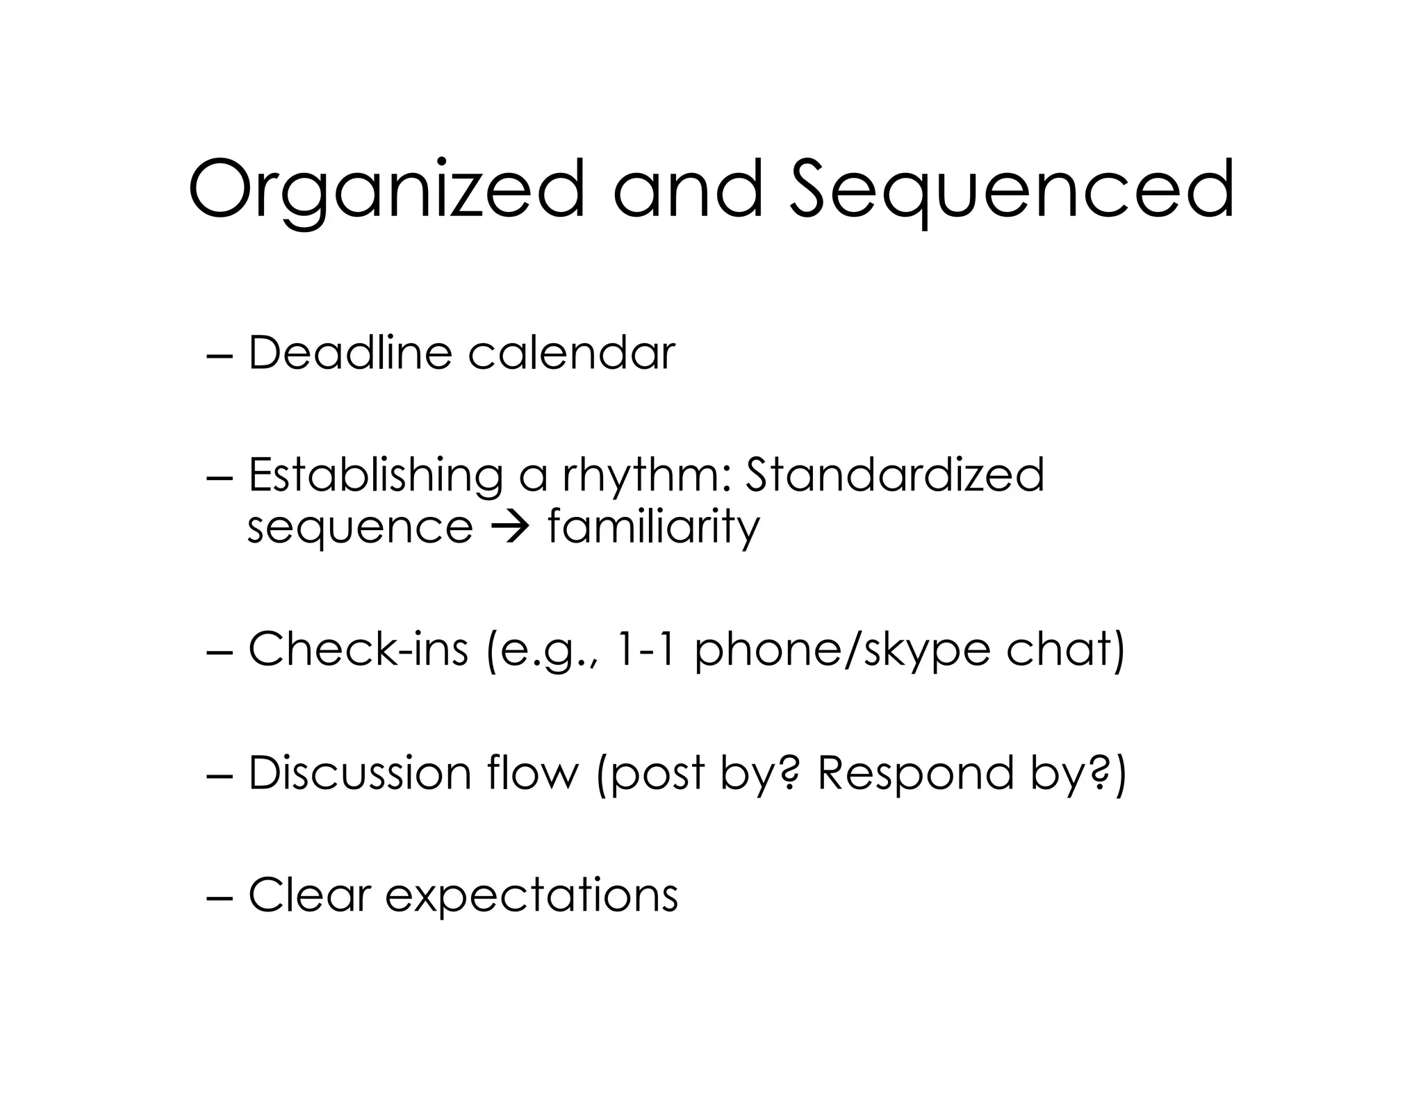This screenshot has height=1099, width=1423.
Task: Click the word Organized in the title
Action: point(386,191)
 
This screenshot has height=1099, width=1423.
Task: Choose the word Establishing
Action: point(375,477)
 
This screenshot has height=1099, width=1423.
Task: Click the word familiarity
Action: point(654,529)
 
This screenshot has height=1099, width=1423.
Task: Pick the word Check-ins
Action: point(358,650)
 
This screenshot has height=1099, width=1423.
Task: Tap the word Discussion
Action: point(360,772)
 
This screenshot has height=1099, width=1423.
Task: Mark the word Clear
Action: point(309,895)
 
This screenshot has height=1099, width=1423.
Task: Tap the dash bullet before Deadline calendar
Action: point(221,355)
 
